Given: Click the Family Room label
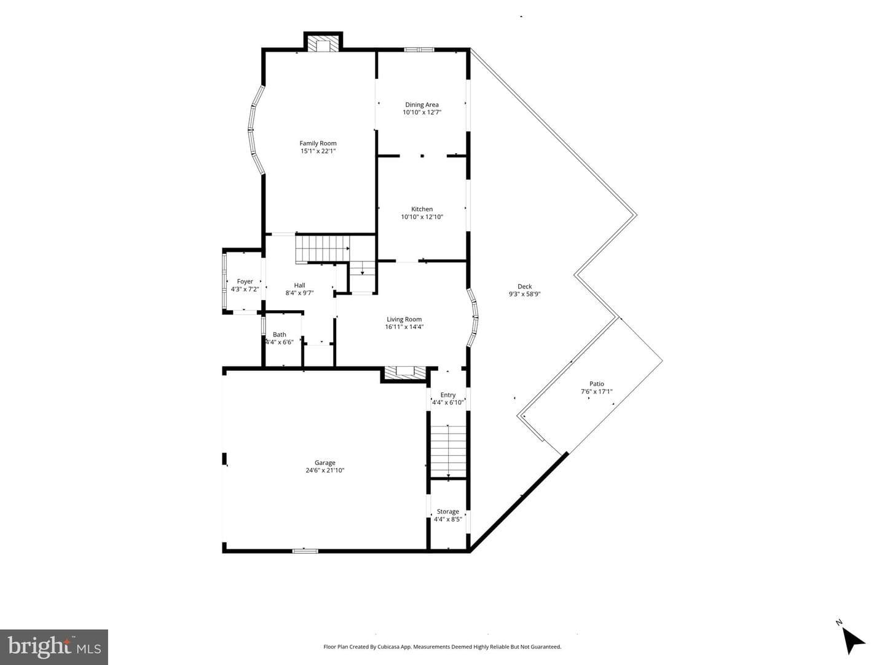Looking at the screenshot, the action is [318, 143].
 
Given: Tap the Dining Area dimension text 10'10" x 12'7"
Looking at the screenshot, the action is [422, 112].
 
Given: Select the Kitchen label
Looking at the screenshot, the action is [422, 209].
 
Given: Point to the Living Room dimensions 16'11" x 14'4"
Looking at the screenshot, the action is [404, 327].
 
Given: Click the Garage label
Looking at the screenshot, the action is [325, 463].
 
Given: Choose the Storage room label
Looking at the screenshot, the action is [448, 512].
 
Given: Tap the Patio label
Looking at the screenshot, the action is [597, 384].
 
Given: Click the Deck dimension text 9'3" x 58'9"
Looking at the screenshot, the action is [525, 294].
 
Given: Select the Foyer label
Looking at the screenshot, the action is [245, 281].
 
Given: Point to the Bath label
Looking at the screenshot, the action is [280, 335].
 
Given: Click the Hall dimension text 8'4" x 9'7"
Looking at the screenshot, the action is [299, 293].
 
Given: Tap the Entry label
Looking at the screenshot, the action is [448, 395].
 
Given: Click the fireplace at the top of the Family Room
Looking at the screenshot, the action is [323, 44].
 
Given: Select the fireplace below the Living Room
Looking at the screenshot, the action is [403, 372].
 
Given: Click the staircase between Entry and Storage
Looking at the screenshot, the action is [448, 452].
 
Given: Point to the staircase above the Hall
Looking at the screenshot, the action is [323, 249].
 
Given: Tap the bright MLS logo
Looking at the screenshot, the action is [54, 647].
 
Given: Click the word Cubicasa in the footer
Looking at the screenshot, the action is [388, 647].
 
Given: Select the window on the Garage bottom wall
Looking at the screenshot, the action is [305, 551].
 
